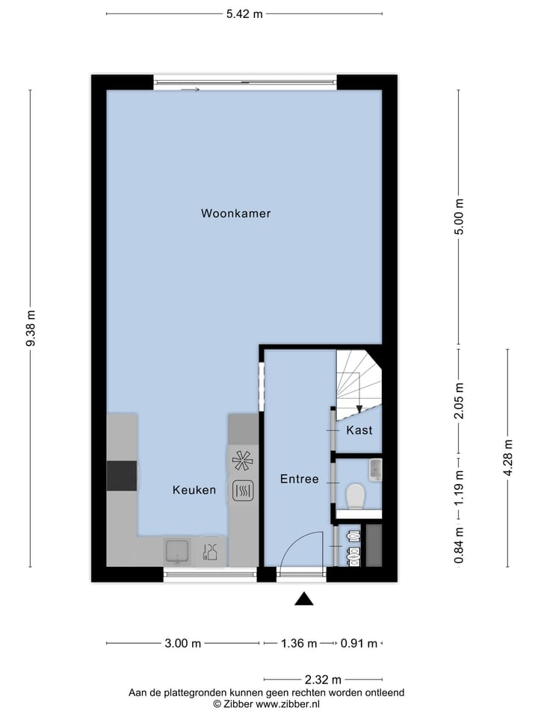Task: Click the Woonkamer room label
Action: (x=235, y=214)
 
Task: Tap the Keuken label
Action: (x=194, y=491)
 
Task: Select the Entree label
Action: (x=300, y=479)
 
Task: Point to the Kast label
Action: (x=359, y=431)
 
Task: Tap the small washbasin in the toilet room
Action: (x=375, y=469)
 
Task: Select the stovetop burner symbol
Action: (x=242, y=461)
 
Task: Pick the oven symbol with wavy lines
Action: (x=243, y=491)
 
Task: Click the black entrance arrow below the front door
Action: (x=303, y=598)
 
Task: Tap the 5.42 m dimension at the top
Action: (x=244, y=13)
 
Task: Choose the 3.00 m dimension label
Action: (x=182, y=643)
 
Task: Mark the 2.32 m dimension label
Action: (x=323, y=680)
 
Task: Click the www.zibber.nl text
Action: (x=288, y=704)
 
